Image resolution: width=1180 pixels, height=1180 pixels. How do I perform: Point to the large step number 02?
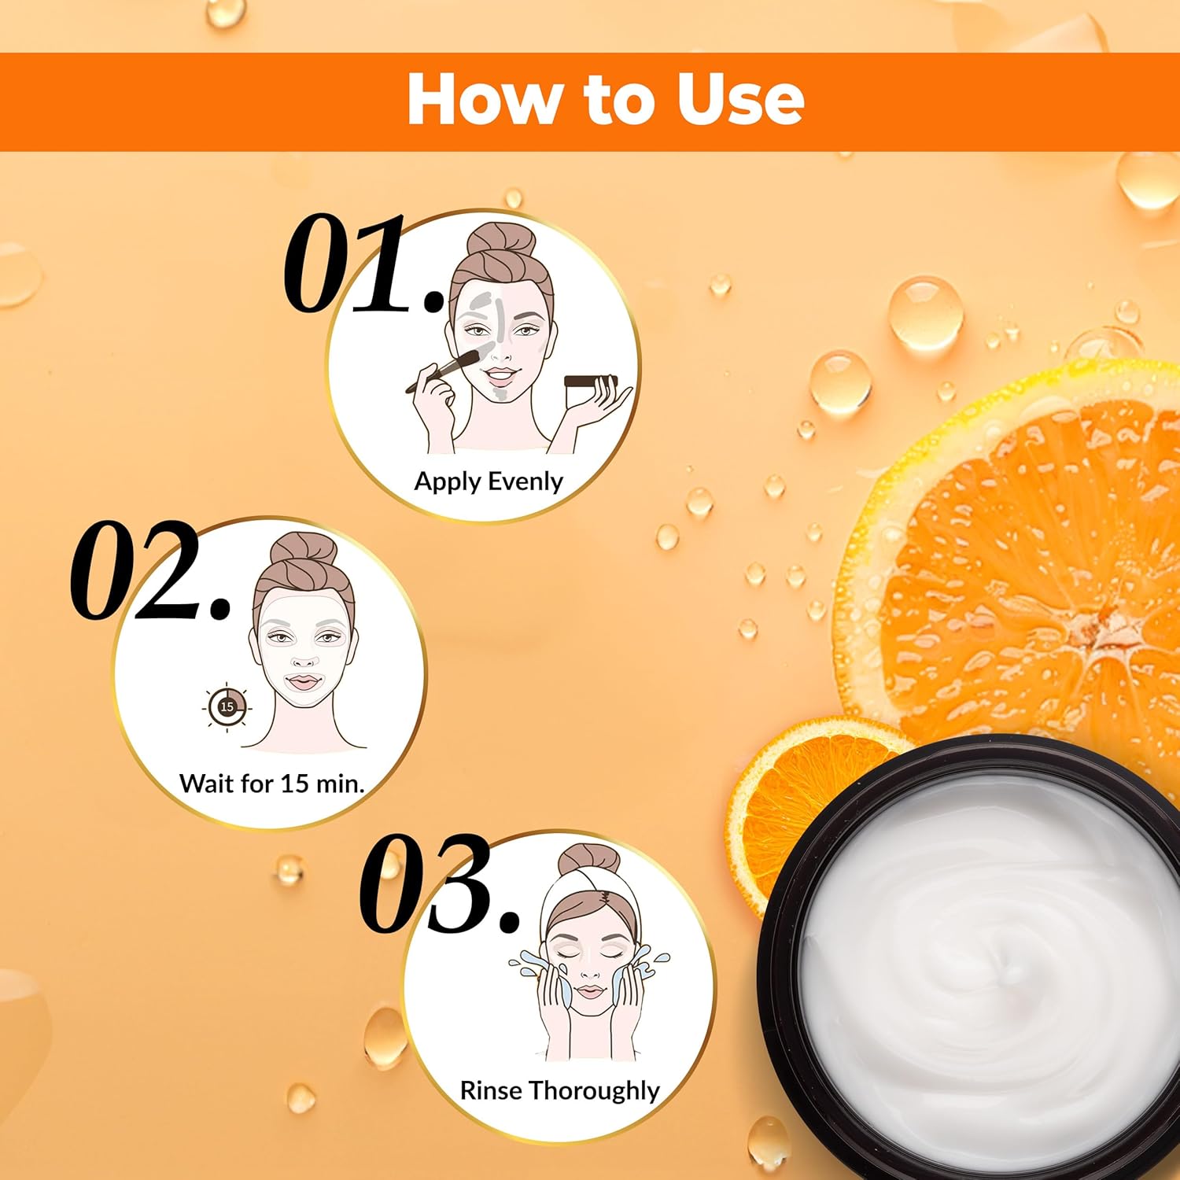tap(150, 568)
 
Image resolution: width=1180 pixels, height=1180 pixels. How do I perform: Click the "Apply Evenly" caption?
tap(489, 481)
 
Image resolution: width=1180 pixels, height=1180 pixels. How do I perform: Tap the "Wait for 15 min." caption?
tap(272, 784)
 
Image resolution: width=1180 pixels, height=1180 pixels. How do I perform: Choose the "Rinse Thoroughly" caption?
tap(559, 1091)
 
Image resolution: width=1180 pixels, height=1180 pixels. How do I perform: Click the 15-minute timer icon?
tap(227, 707)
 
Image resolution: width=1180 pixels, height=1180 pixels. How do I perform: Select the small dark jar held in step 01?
tap(590, 382)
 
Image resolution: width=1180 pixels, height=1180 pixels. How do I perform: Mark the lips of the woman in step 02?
tap(304, 681)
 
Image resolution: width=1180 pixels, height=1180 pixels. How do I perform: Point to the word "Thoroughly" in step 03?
tap(594, 1091)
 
